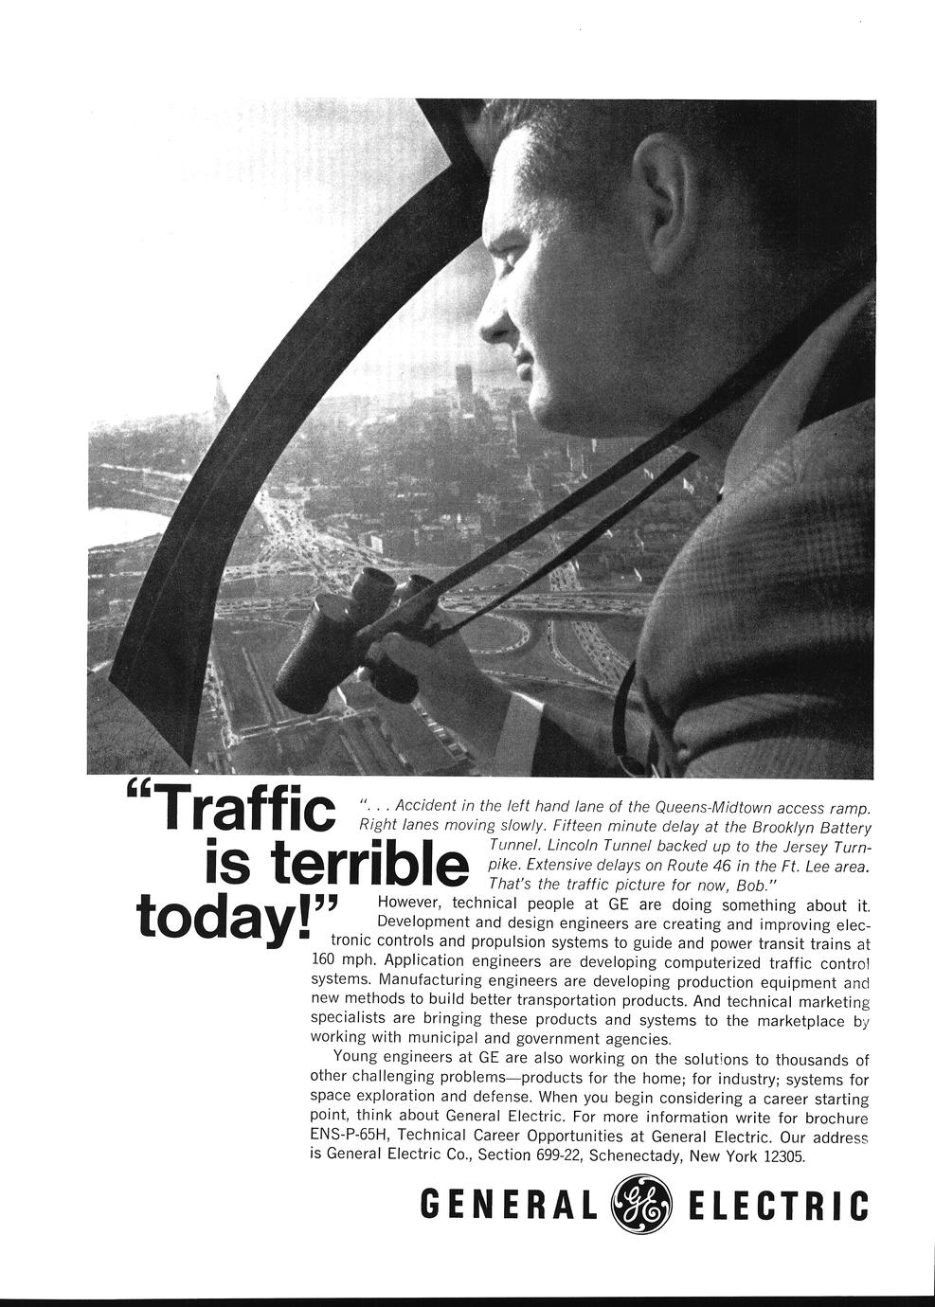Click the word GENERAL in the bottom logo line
coord(510,1206)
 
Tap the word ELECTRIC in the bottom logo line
coord(779,1206)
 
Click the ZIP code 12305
coord(782,1156)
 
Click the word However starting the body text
coord(410,904)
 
